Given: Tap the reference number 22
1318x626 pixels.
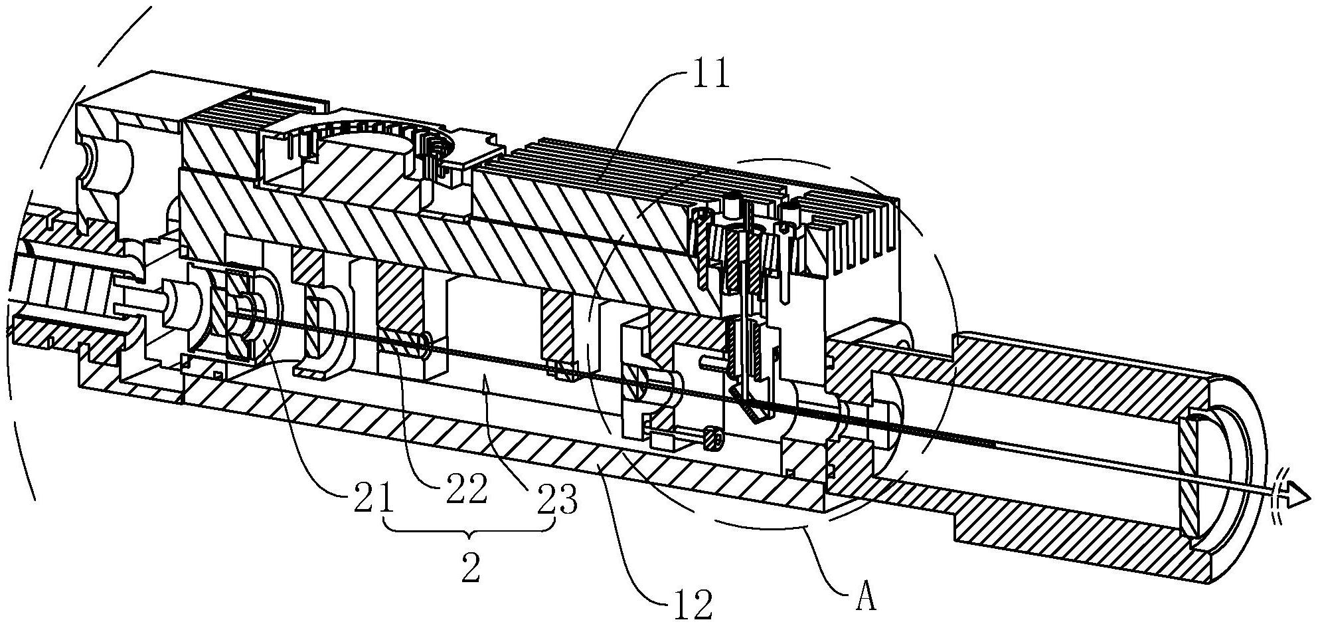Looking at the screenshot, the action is click(465, 490).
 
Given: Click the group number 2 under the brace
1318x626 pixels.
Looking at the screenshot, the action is click(470, 570).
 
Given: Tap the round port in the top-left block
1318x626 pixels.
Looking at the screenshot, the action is click(106, 163).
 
